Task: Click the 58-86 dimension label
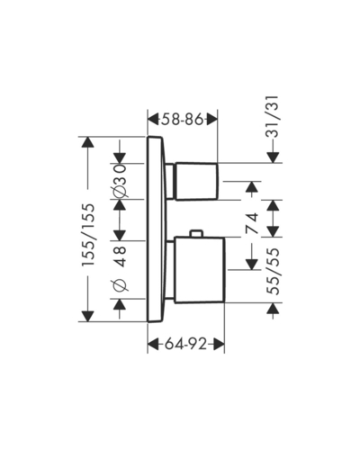pos(183,120)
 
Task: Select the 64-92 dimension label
pos(186,344)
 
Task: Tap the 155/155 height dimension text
pos(89,235)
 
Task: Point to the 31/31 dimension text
pos(273,116)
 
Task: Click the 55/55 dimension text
pos(273,271)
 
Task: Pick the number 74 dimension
pos(252,223)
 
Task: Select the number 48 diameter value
pos(121,256)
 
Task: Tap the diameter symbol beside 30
pos(121,191)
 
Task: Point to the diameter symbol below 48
pos(121,284)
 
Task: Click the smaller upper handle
pos(197,182)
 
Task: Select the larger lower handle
pos(200,269)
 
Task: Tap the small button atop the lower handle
pos(197,234)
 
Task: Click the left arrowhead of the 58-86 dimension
pos(154,120)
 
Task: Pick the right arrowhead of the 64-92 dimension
pos(219,344)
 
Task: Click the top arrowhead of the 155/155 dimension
pos(88,142)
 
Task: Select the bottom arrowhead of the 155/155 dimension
pos(88,317)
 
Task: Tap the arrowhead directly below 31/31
pos(273,157)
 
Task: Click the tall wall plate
pos(155,229)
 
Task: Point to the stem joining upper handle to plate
pos(170,181)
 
